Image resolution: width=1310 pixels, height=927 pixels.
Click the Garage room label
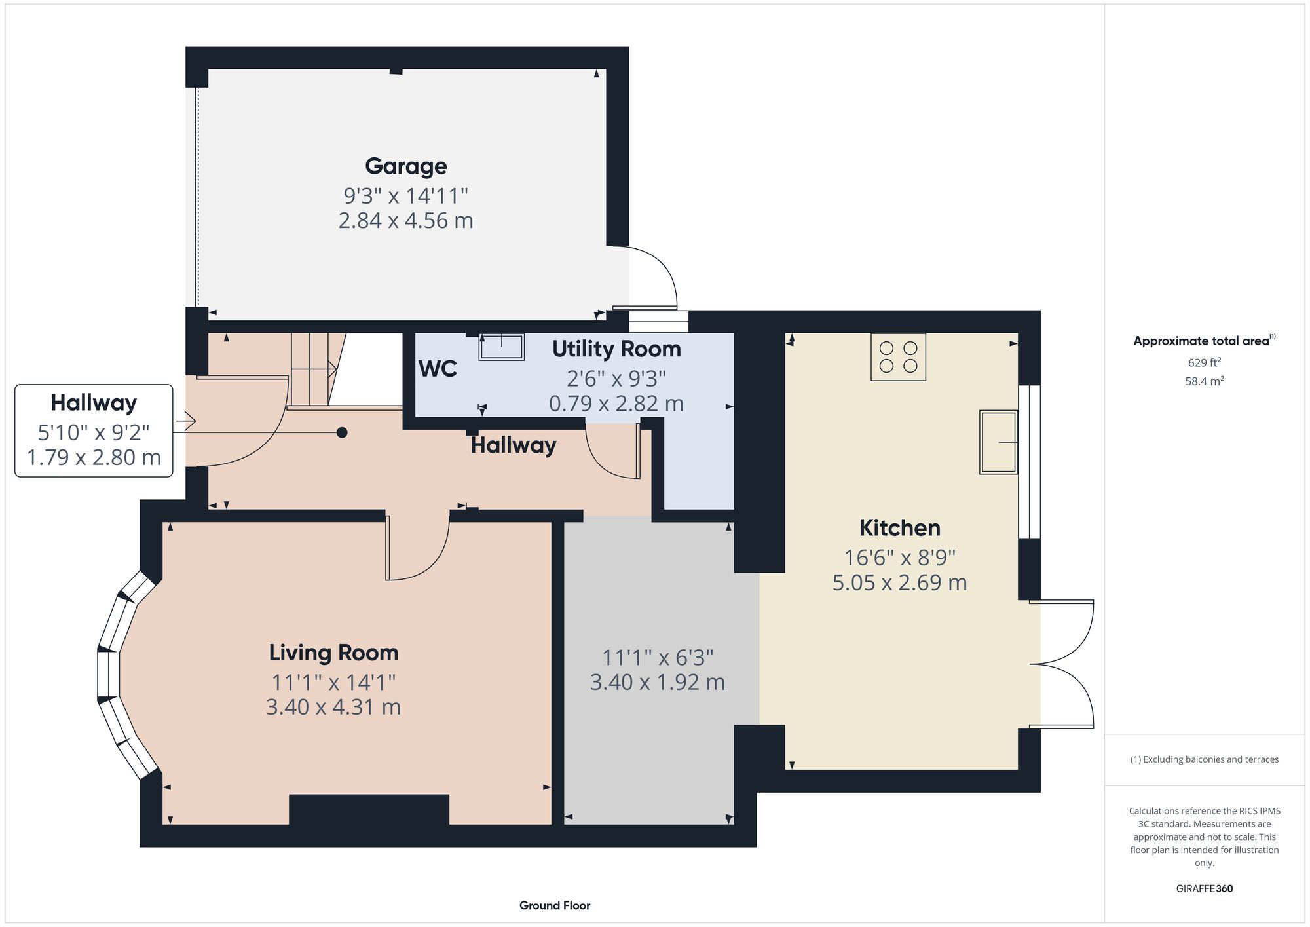pos(405,166)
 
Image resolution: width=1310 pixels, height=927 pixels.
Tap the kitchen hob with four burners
pos(898,357)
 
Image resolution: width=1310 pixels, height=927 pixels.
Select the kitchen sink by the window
pos(998,442)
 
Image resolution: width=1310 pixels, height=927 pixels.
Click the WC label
pos(438,369)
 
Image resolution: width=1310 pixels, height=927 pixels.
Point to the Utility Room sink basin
pos(502,347)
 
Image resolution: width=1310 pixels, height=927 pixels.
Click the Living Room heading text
pos(333,653)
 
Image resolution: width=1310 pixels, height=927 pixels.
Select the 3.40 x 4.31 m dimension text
pos(333,708)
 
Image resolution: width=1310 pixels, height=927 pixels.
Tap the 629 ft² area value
pos(1204,362)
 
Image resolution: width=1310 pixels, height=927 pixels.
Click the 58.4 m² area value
pos(1204,381)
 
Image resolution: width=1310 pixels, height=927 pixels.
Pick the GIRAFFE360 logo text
pos(1204,888)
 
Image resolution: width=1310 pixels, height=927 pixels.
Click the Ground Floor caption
pos(555,905)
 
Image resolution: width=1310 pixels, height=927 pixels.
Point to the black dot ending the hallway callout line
pos(342,432)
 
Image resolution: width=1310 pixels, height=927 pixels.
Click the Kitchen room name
pos(899,527)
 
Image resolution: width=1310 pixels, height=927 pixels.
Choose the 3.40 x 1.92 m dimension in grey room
pos(657,683)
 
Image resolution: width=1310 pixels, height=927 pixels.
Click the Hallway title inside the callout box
pos(94,402)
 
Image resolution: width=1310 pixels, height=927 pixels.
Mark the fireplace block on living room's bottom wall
pos(369,810)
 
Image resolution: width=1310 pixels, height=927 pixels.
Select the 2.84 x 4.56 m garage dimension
pos(405,221)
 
